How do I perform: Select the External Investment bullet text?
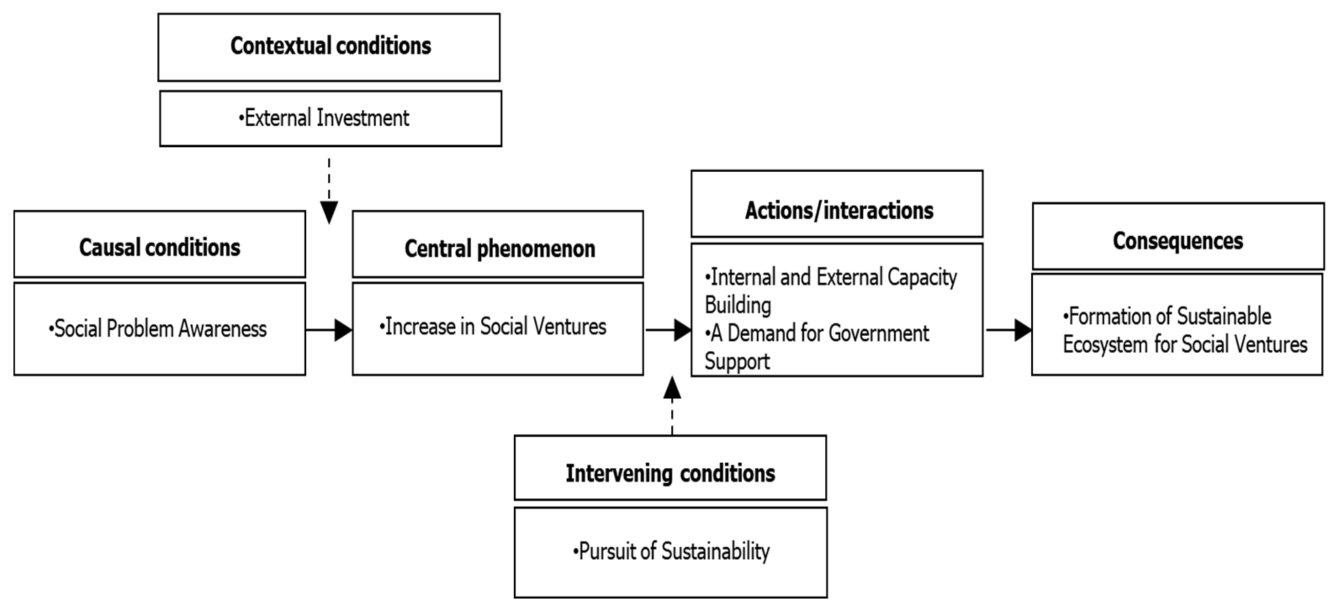tap(325, 118)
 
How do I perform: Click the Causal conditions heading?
tap(159, 247)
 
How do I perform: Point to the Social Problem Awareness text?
tap(159, 329)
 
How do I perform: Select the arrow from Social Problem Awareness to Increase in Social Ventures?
tap(329, 330)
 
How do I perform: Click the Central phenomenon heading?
tap(499, 248)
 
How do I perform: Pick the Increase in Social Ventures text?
tap(494, 327)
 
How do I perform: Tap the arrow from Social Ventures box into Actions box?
tap(668, 330)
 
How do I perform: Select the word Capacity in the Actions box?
tap(921, 277)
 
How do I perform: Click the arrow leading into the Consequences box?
tap(1008, 330)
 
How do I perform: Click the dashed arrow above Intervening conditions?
tap(672, 405)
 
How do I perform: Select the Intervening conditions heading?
tap(670, 473)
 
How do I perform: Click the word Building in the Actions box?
tap(738, 306)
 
